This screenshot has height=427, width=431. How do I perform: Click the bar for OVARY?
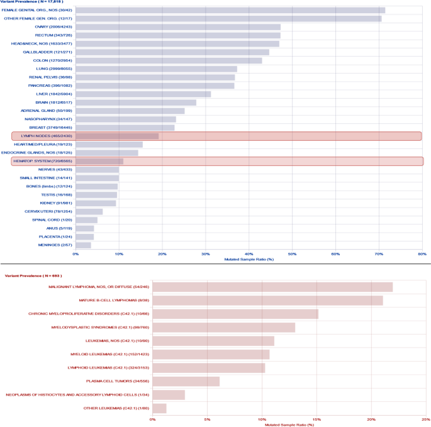(178, 27)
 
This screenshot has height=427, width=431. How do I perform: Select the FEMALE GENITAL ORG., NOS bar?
(230, 10)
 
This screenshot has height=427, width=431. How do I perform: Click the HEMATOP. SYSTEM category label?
(39, 161)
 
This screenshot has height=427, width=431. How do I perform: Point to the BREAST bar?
(125, 128)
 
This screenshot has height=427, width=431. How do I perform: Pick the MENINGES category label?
(55, 245)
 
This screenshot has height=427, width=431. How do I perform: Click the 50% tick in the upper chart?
(292, 254)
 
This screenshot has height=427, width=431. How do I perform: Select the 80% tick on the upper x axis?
(422, 254)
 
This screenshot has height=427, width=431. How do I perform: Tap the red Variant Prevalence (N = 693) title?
(33, 275)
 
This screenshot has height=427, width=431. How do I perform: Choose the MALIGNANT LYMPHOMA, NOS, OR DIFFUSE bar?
(272, 287)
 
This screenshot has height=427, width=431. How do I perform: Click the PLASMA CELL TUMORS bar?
(186, 381)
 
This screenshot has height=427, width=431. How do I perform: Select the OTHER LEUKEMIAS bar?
(159, 408)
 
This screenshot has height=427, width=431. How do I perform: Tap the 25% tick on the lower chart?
(426, 419)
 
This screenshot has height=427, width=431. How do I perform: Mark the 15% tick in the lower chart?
(316, 419)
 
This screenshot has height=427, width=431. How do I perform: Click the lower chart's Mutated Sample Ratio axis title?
(289, 424)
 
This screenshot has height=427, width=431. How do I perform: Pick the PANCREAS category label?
(50, 86)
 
